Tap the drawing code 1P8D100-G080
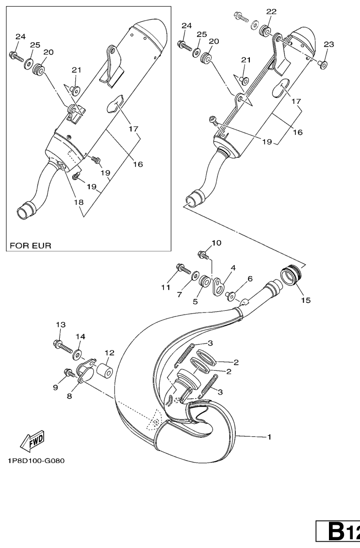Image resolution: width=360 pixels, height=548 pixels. [x=36, y=461]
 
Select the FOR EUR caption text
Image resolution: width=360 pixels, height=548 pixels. [x=31, y=246]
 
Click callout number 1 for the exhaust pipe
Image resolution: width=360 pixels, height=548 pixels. [x=269, y=437]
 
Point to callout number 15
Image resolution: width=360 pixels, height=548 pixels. [x=306, y=300]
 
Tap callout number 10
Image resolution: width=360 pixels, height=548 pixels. [x=216, y=243]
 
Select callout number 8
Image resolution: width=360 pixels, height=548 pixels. [x=69, y=397]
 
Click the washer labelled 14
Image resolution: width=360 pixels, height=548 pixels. [x=77, y=355]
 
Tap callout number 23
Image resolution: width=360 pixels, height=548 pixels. [x=329, y=44]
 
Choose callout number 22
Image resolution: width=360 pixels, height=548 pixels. [x=271, y=12]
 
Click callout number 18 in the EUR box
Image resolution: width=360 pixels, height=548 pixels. [x=79, y=202]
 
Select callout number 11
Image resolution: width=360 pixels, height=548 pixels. [x=165, y=287]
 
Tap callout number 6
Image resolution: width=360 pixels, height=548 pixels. [x=250, y=279]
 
